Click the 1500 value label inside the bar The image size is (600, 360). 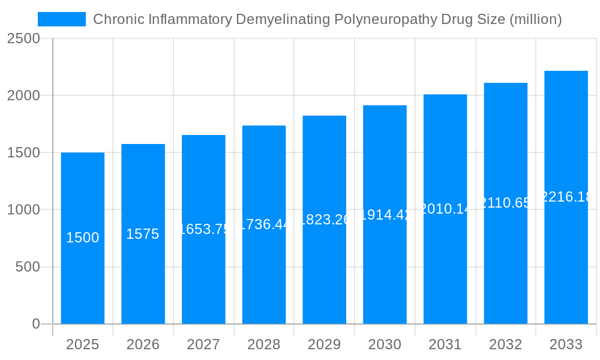click(x=83, y=238)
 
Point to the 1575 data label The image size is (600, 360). click(x=143, y=234)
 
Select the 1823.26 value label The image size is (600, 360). click(x=325, y=220)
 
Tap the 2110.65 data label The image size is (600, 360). click(x=506, y=203)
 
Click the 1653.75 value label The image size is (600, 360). click(x=204, y=229)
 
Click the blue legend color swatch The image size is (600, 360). click(x=62, y=19)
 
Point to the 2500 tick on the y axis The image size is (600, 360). click(x=23, y=38)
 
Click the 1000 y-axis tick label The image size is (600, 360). click(x=23, y=210)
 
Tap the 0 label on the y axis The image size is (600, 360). click(x=35, y=324)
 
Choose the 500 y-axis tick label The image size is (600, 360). click(x=28, y=267)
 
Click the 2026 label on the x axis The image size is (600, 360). click(x=143, y=344)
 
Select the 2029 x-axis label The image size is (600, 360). click(x=325, y=344)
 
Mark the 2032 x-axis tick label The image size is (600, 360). click(x=506, y=344)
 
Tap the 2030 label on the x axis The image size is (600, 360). click(x=385, y=344)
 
